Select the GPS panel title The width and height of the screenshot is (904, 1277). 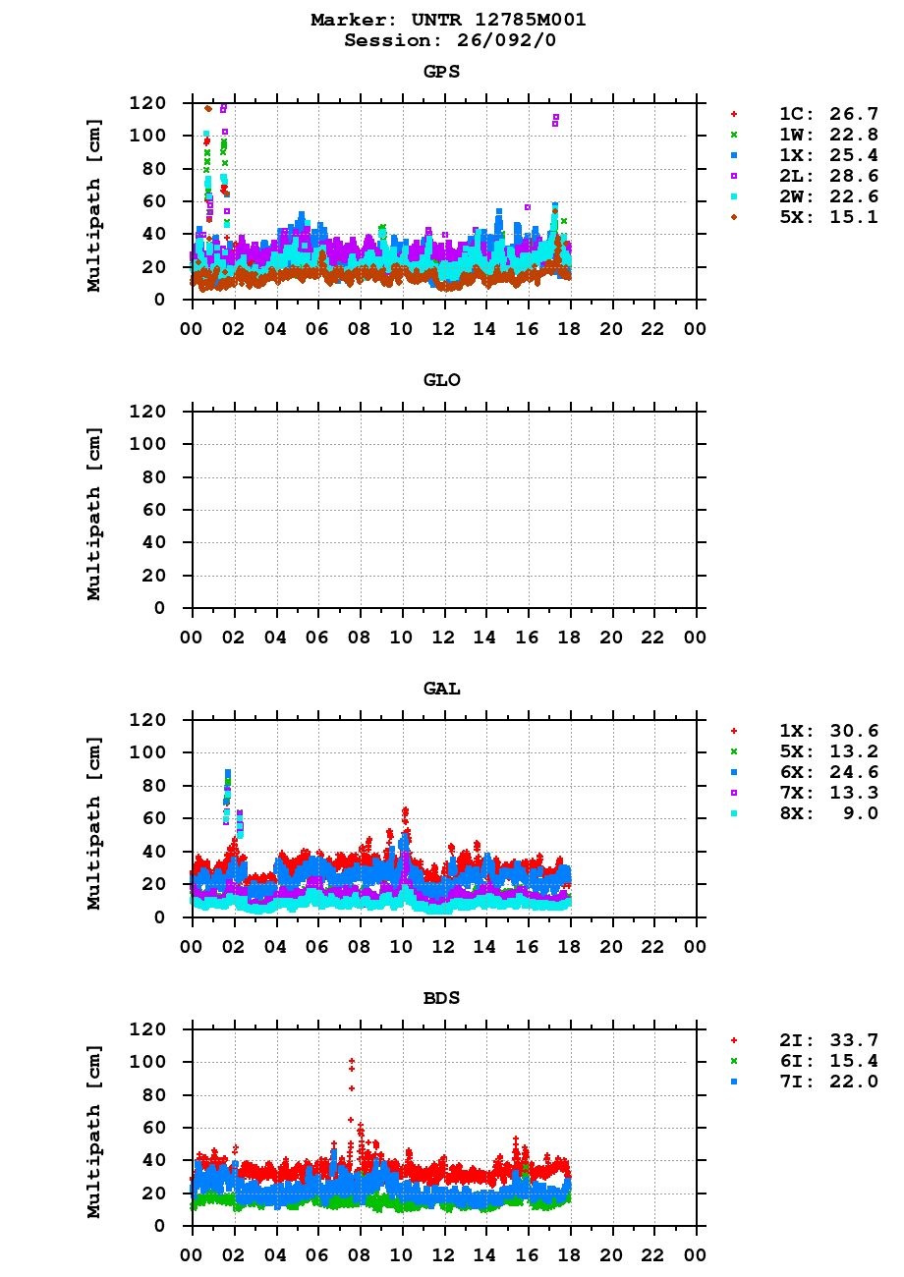[x=441, y=72]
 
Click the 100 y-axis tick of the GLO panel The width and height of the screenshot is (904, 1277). [x=147, y=444]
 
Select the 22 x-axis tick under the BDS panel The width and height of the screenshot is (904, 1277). [x=653, y=1254]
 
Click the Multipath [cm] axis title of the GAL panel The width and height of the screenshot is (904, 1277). [x=94, y=818]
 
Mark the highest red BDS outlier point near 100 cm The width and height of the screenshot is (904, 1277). [x=352, y=1061]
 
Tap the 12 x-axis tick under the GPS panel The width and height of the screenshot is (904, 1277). [x=444, y=328]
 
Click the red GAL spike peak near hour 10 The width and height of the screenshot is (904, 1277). [x=405, y=811]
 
